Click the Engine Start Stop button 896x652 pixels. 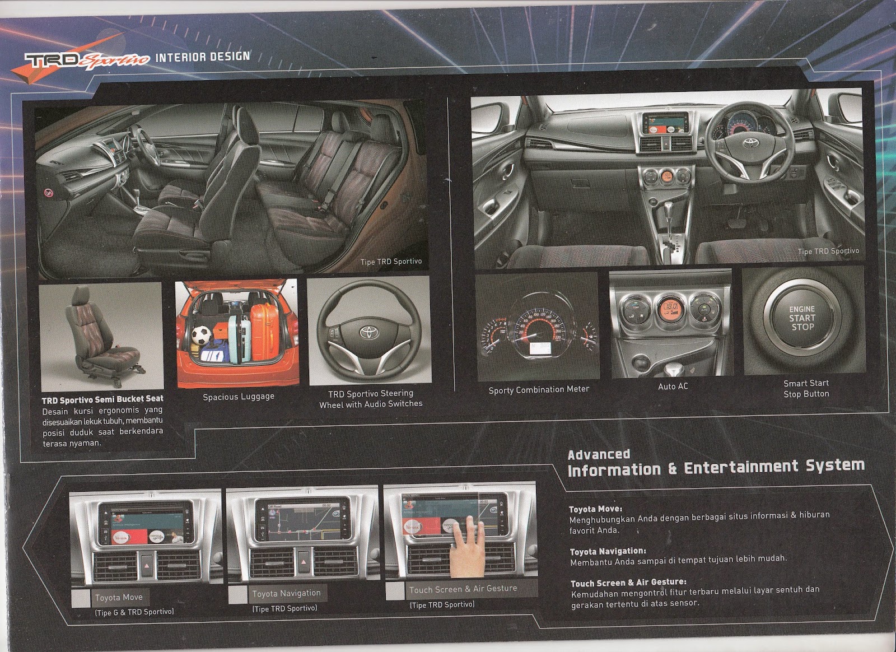tap(802, 318)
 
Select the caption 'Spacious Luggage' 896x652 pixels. tap(239, 397)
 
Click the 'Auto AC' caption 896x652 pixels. tap(673, 386)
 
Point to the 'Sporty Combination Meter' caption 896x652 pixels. tap(539, 389)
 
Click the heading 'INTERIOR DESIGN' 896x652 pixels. tap(202, 57)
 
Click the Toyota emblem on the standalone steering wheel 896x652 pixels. tap(370, 332)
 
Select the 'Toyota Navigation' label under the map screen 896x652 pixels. tap(286, 593)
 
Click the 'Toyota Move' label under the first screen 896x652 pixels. tap(119, 597)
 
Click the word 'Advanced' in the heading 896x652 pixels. tap(599, 455)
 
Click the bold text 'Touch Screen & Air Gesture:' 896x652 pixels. tap(628, 583)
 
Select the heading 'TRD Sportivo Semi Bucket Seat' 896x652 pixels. tap(102, 399)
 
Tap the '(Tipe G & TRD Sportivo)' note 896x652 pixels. tap(134, 612)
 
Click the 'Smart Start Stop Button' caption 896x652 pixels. tap(806, 388)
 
